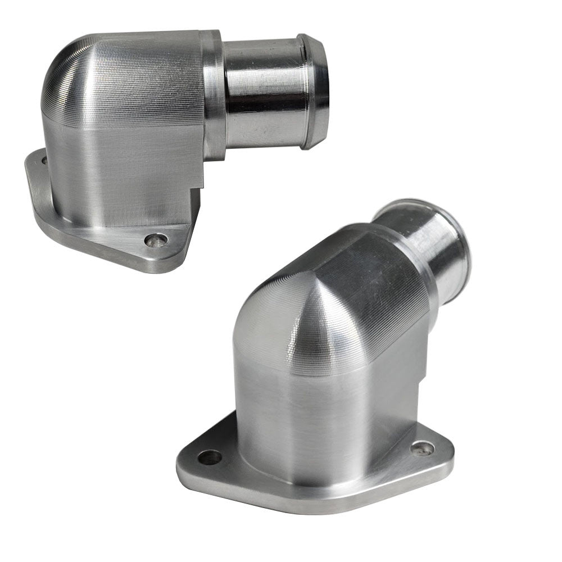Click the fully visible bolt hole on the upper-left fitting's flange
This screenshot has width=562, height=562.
[156, 240]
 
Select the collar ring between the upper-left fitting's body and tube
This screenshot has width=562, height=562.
[214, 93]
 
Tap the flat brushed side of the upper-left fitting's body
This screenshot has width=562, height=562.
[124, 169]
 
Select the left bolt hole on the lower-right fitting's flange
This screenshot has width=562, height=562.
[210, 457]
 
